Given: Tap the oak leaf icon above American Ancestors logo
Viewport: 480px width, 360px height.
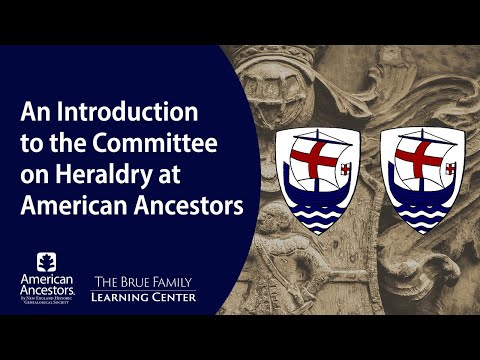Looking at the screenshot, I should (x=47, y=263).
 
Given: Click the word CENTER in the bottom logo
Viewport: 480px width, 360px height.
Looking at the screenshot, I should (x=176, y=298).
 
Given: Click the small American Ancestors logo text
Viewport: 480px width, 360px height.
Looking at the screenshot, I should (x=47, y=286).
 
